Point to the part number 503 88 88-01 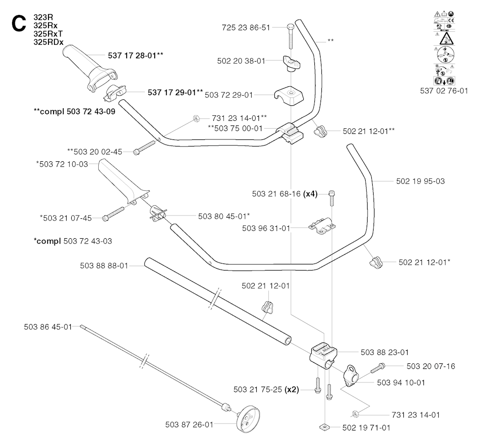point(104,266)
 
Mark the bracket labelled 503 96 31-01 point(322,227)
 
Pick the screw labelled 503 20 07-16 point(377,369)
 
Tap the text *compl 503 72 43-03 point(73,241)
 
